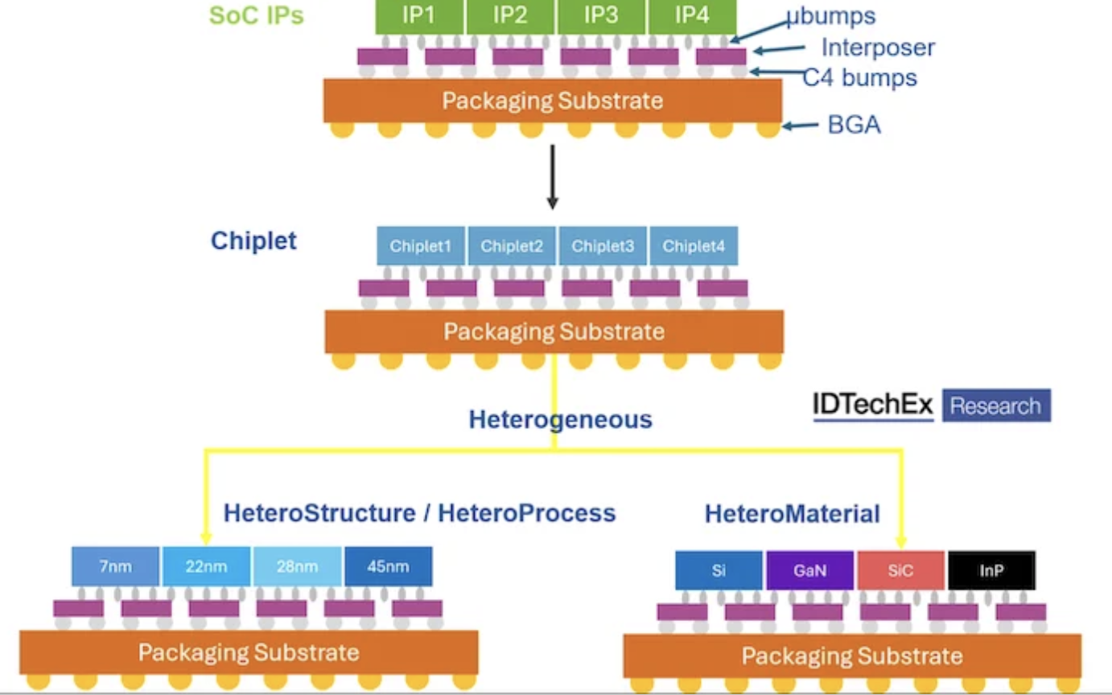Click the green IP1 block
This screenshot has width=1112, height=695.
[419, 16]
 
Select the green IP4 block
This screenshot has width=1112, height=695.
[692, 16]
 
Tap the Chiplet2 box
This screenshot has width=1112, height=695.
[512, 246]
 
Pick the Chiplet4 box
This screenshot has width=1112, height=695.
[694, 246]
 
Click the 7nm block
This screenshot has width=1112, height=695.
[117, 566]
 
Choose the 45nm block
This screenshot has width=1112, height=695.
[388, 566]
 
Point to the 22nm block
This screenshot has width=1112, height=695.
[207, 566]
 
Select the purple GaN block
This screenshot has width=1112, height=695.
[810, 571]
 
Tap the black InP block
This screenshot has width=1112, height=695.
[991, 571]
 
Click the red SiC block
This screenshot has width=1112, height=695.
[901, 571]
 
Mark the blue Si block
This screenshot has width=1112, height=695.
[719, 571]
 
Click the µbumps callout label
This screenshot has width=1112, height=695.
[830, 16]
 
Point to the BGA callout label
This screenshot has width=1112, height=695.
[854, 125]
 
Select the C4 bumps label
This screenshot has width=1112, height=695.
[860, 77]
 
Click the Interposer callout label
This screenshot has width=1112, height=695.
[878, 47]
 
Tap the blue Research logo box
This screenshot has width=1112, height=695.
[996, 405]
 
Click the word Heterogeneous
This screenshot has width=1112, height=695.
[561, 419]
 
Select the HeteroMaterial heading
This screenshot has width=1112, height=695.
[793, 514]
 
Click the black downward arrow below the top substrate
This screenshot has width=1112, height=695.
[552, 177]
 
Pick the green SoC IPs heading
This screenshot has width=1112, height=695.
[257, 15]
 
